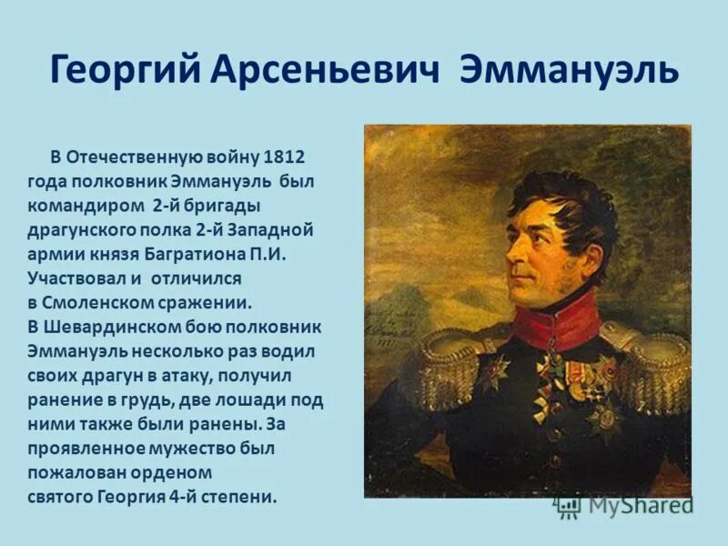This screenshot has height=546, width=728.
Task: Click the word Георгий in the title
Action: (x=120, y=70)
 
